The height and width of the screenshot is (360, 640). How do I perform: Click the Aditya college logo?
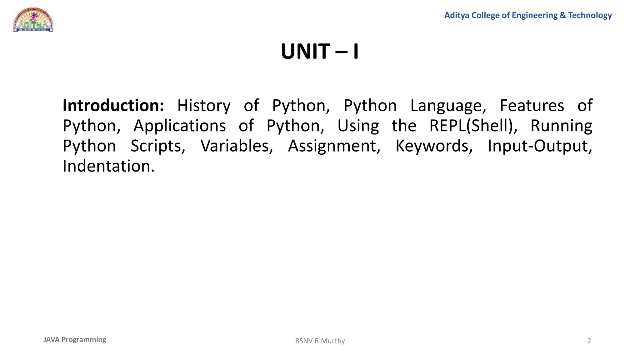(x=33, y=20)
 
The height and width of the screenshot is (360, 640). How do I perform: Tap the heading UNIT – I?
(x=320, y=52)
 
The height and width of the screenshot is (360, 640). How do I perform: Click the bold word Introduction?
(x=113, y=106)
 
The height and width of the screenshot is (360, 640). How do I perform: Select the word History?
(x=204, y=106)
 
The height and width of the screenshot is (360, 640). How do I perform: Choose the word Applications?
(x=179, y=126)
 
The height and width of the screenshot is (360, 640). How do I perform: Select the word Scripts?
(x=158, y=146)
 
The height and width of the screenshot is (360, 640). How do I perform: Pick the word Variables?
(x=237, y=146)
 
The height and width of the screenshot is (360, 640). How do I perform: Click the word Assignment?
(x=334, y=146)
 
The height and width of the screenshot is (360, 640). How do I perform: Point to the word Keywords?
(x=434, y=146)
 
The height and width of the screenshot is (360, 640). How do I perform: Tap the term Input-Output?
(x=540, y=146)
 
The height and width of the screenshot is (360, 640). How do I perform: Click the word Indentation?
(x=108, y=166)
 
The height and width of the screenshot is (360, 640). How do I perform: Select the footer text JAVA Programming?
(x=75, y=340)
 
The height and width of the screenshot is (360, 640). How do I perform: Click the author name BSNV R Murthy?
(x=320, y=341)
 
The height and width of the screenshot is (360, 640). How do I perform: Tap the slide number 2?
(x=589, y=341)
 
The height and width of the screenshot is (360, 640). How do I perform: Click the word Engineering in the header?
(x=534, y=15)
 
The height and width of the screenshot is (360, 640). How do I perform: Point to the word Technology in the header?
(x=590, y=15)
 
